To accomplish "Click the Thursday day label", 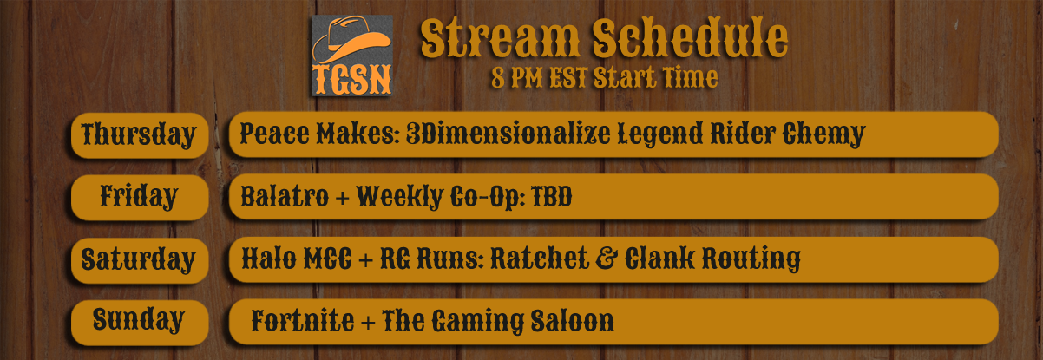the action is (139, 135).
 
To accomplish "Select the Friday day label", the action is (139, 197).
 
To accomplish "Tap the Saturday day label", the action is (139, 260).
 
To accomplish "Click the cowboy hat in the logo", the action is (351, 40).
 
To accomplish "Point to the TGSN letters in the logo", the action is (352, 79).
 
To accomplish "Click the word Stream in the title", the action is (500, 38).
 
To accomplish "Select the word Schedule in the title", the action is (690, 37).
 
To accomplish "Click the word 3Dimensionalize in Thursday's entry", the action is (508, 134).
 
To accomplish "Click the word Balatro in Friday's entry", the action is (285, 197).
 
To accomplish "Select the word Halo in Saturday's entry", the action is (269, 259).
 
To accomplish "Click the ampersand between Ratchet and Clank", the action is (607, 259).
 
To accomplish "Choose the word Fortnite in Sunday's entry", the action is (303, 321).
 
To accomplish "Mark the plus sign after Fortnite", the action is (368, 323).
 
